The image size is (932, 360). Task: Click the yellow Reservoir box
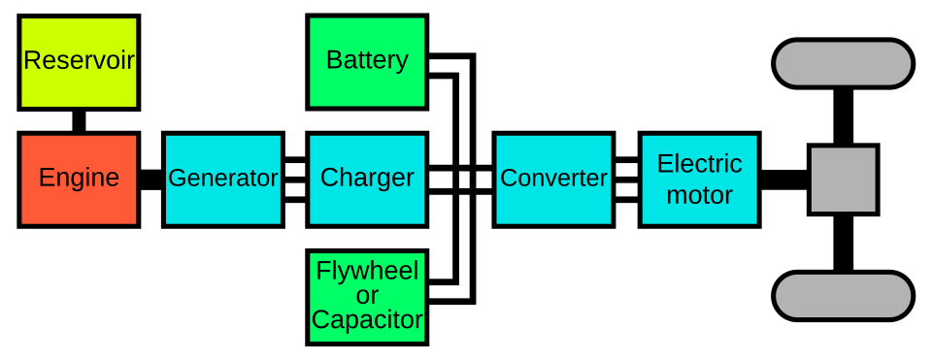(x=79, y=62)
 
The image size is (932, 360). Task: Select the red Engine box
(x=79, y=180)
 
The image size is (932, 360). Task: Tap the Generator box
(x=223, y=180)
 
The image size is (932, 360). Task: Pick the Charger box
(x=367, y=180)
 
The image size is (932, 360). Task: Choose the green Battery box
(x=367, y=62)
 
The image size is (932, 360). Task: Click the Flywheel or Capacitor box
(x=367, y=297)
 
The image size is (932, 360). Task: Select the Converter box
(x=554, y=180)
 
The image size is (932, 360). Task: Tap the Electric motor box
(x=700, y=180)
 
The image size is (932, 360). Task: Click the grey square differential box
(x=843, y=180)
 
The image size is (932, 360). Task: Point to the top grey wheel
(x=843, y=64)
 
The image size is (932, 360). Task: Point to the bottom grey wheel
(x=843, y=296)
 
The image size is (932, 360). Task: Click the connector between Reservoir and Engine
(x=79, y=121)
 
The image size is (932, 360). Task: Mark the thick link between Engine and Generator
(x=151, y=180)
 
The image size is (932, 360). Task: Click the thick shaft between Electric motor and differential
(x=784, y=180)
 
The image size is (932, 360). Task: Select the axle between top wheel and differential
(x=843, y=116)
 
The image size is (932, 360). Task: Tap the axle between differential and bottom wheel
(x=843, y=243)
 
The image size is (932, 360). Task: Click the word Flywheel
(x=367, y=272)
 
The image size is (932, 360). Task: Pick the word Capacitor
(x=367, y=319)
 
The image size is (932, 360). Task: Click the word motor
(x=700, y=195)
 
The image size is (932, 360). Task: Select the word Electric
(x=700, y=163)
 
